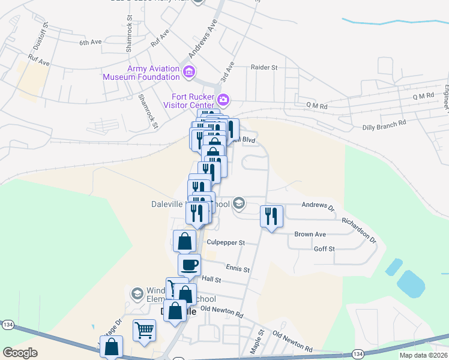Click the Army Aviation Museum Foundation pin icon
189,73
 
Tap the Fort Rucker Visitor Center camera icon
223,100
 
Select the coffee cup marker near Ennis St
189,265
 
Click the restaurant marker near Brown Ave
271,216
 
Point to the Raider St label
264,68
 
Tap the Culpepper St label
226,242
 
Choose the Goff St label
324,248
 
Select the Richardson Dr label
358,230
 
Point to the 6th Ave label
91,43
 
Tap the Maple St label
261,340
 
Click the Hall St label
212,279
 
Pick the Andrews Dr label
318,206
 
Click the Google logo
20,352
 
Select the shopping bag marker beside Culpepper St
184,241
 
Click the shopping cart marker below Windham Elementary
145,330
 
